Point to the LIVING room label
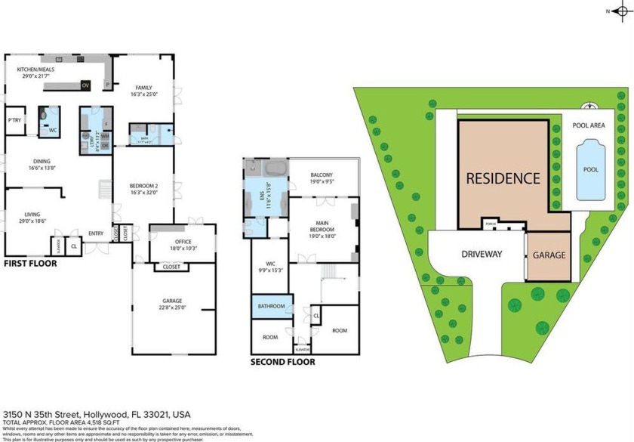[x=32, y=214]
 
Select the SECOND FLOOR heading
[x=282, y=362]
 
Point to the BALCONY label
[x=322, y=175]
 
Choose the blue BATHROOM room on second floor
[x=271, y=306]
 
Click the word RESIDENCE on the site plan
[x=503, y=179]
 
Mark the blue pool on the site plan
[x=591, y=169]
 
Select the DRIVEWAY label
[x=482, y=254]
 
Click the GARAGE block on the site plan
[x=549, y=255]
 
